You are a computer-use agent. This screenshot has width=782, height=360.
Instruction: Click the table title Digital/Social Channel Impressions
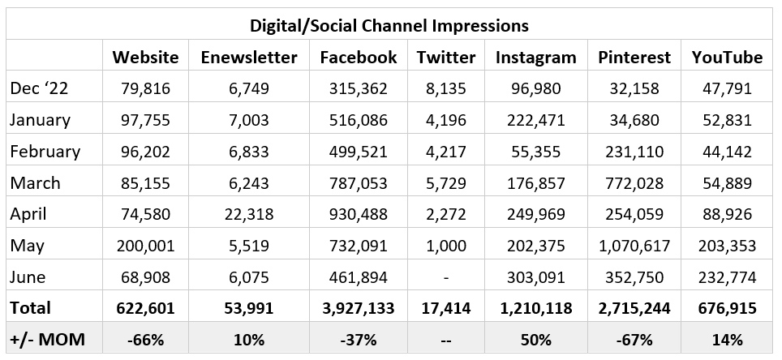coord(389,25)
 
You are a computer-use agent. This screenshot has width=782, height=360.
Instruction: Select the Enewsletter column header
coord(248,58)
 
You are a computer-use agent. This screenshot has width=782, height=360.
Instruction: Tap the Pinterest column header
coord(634,58)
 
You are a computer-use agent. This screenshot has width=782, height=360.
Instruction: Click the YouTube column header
coord(727,58)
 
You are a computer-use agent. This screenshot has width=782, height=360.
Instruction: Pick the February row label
coord(45,152)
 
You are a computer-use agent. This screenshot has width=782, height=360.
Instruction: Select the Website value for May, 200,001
coord(145,246)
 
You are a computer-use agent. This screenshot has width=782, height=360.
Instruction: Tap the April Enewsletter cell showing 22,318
coord(248,215)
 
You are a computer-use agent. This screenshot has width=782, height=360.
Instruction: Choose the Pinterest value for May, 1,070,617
coord(634,246)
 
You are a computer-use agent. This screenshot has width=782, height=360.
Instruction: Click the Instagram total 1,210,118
coord(535,309)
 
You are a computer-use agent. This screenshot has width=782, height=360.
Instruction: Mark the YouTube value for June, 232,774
coord(727,277)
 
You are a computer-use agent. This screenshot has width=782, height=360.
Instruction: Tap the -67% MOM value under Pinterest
coord(634,340)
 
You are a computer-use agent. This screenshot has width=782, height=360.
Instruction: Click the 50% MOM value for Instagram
coord(535,340)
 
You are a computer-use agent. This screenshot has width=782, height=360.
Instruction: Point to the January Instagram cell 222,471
coord(535,120)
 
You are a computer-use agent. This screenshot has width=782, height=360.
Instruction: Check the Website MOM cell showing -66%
coord(145,340)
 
